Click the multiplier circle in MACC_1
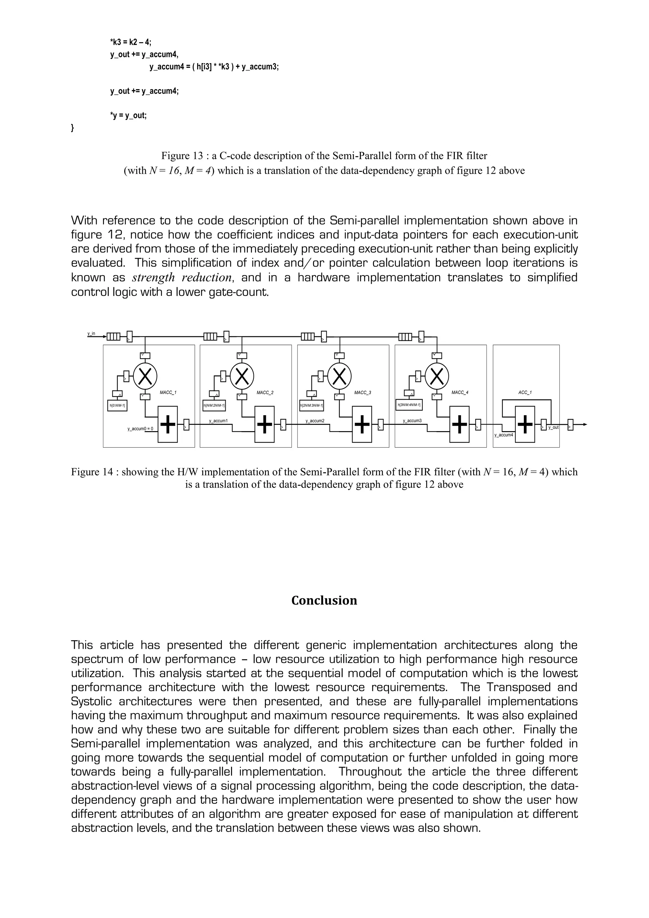[145, 376]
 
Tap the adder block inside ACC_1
[525, 424]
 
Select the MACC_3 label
[363, 393]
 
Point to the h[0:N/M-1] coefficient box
[117, 405]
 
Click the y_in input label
[92, 333]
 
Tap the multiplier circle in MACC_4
[437, 376]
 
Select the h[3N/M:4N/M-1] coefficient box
[409, 404]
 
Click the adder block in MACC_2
[265, 424]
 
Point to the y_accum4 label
[504, 435]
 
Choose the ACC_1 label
[525, 393]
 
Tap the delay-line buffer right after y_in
[113, 336]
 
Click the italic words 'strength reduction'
[182, 277]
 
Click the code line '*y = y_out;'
[128, 116]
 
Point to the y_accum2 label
[315, 421]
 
